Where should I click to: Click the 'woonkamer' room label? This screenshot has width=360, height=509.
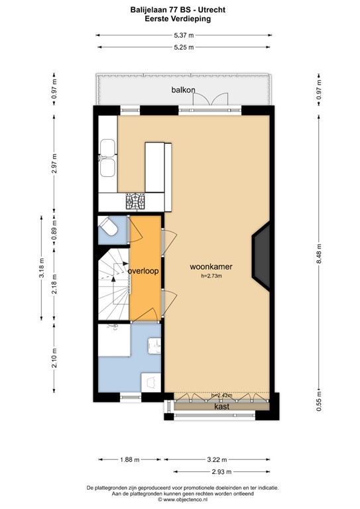tap(211, 267)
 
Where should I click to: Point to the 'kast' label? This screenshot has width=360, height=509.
tap(221, 406)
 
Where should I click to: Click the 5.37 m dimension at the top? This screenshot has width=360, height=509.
tap(184, 35)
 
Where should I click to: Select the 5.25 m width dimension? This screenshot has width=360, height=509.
tap(184, 47)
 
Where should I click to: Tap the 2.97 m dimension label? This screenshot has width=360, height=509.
tap(55, 163)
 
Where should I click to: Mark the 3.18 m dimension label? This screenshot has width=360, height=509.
tap(41, 272)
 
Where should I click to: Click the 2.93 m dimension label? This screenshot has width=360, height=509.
tap(221, 471)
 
